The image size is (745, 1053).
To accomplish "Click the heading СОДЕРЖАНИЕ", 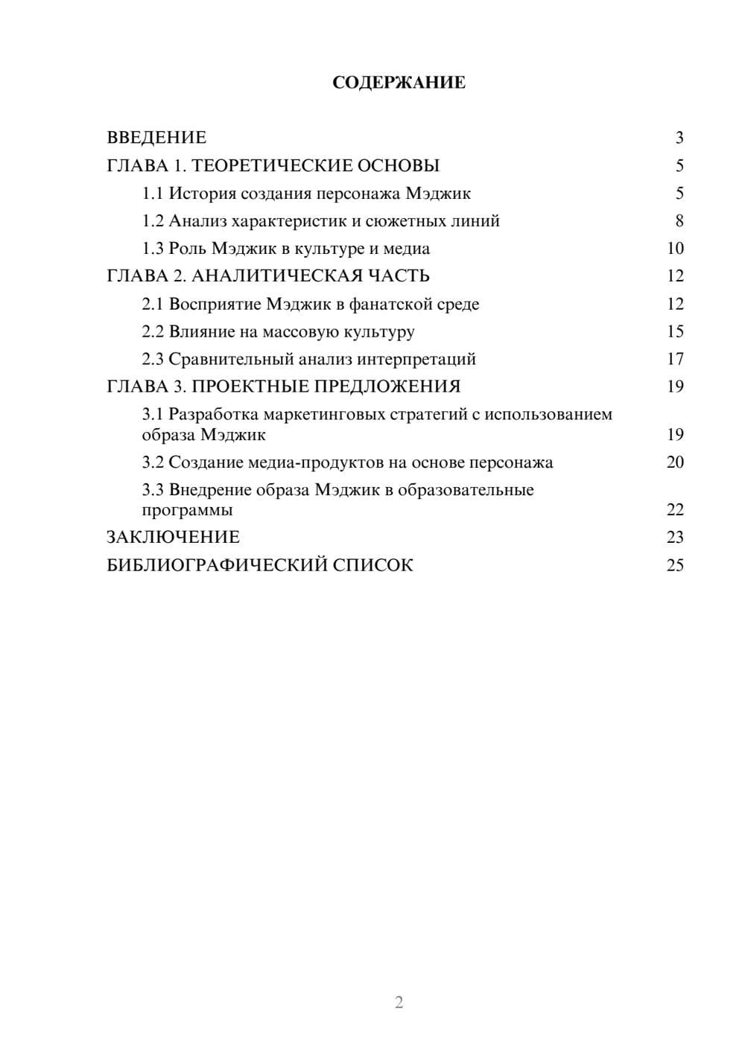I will click(x=399, y=83).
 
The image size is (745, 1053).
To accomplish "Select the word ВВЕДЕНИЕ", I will click(x=156, y=138).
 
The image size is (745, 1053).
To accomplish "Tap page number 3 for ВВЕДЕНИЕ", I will click(x=679, y=138).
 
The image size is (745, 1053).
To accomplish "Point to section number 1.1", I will click(x=153, y=194).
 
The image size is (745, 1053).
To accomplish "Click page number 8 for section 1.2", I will click(x=679, y=221).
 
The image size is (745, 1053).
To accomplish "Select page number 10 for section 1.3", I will click(x=675, y=249).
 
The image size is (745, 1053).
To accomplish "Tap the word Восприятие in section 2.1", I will click(x=210, y=304).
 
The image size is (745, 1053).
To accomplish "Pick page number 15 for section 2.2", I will click(x=675, y=331).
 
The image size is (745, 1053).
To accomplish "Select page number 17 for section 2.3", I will click(x=675, y=359).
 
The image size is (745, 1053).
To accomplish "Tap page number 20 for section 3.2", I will click(x=675, y=462).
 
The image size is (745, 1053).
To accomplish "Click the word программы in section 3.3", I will click(x=187, y=511).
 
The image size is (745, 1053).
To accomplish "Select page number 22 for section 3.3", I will click(x=675, y=510).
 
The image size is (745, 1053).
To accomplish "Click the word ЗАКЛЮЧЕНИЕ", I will click(x=173, y=538).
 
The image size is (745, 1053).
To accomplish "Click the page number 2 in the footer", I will click(x=399, y=1002).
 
